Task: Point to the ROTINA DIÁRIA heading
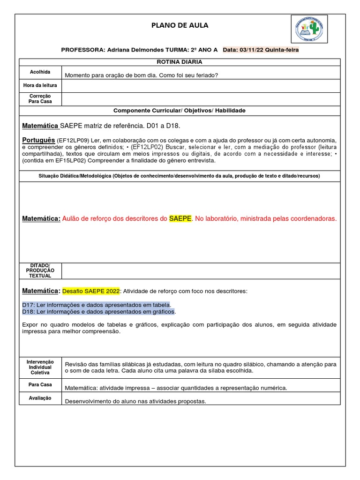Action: [180, 62]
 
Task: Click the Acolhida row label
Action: [40, 72]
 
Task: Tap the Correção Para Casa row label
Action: [40, 98]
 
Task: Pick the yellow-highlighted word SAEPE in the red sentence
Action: [180, 219]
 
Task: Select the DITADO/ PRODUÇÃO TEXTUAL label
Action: [40, 271]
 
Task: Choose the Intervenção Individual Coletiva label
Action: [40, 367]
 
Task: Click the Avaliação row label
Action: [40, 398]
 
